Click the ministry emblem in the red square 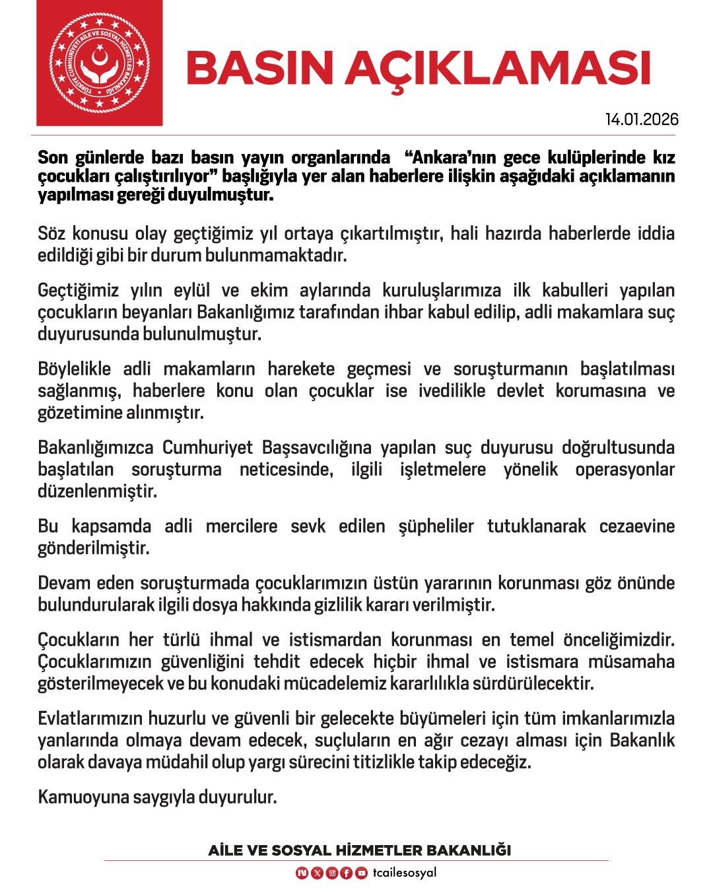99,63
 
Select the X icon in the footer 317,873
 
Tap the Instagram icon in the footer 332,873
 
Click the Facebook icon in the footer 347,873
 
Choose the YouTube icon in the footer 361,873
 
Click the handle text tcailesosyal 404,872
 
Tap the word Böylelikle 75,369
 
